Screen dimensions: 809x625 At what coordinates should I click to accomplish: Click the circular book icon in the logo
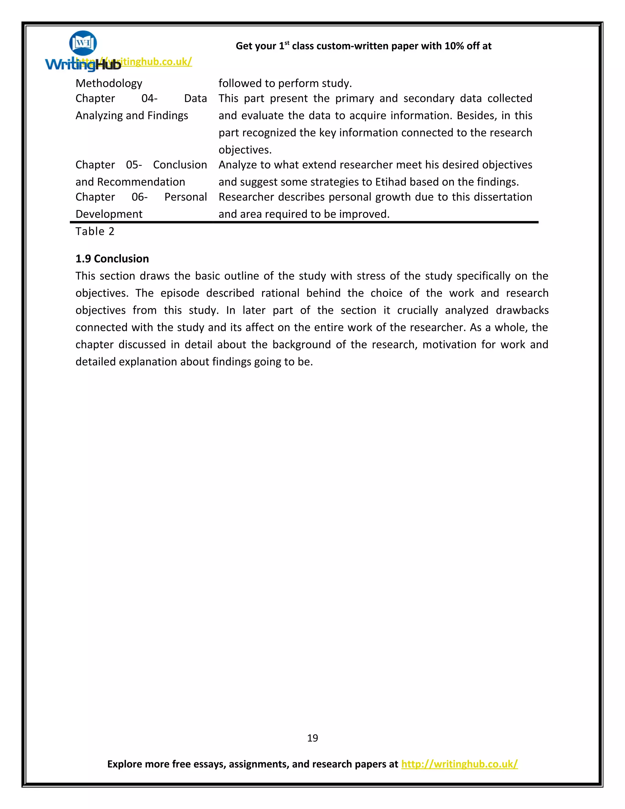click(x=83, y=43)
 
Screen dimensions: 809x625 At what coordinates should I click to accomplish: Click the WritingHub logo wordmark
click(x=83, y=64)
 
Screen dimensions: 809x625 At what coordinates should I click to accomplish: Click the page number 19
click(x=312, y=738)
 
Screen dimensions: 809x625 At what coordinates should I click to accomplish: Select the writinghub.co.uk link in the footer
click(x=459, y=764)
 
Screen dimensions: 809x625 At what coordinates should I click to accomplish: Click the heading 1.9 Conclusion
click(x=112, y=259)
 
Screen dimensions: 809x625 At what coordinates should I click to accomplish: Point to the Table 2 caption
click(x=95, y=231)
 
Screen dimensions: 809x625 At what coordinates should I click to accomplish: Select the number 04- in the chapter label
click(x=149, y=99)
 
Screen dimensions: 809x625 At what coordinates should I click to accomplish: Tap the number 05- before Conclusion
click(x=134, y=165)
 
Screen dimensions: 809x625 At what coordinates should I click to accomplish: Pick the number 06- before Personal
click(x=139, y=197)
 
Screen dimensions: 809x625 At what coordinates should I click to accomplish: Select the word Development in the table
click(x=109, y=214)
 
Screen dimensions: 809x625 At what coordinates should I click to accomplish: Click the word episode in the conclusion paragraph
click(x=179, y=293)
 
